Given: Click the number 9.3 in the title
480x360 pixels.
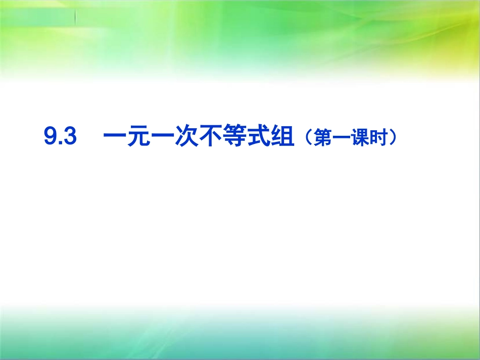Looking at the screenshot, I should point(60,137).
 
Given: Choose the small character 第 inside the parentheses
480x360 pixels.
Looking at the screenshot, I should point(322,138).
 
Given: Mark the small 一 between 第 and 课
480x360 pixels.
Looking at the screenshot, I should point(341,138).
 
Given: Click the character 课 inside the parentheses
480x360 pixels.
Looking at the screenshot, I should point(359,138).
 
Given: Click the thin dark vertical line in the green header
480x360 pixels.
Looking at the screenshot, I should point(76,18).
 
